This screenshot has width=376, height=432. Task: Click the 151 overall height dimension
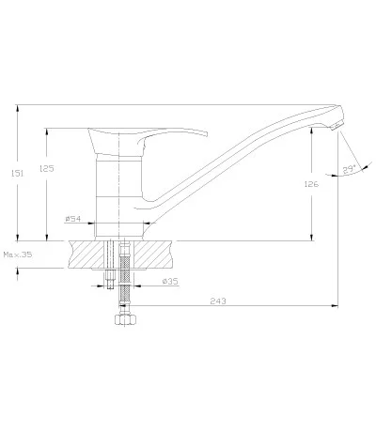(17, 173)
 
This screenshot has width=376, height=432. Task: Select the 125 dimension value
(47, 169)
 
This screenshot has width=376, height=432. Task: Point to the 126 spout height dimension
(311, 184)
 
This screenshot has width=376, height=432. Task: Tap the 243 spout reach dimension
(218, 301)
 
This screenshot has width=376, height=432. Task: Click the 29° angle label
(349, 169)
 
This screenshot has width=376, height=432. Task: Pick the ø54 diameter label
(73, 219)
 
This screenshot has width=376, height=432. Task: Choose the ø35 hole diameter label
(170, 282)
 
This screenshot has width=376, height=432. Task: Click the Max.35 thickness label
(18, 255)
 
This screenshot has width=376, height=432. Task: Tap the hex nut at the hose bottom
(125, 320)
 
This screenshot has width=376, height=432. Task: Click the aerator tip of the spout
(335, 127)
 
